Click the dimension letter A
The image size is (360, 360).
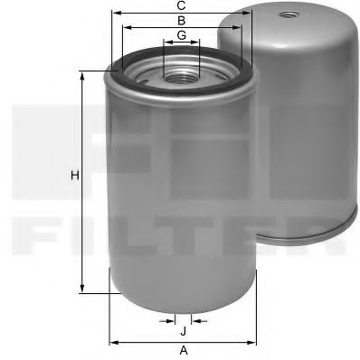point(183,350)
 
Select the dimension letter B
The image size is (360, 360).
point(182,20)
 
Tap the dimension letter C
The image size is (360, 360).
point(182,5)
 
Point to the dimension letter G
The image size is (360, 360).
point(182,35)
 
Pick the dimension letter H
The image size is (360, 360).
point(75,174)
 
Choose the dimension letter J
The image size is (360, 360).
point(183,331)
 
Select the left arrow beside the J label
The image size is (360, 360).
point(172,320)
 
